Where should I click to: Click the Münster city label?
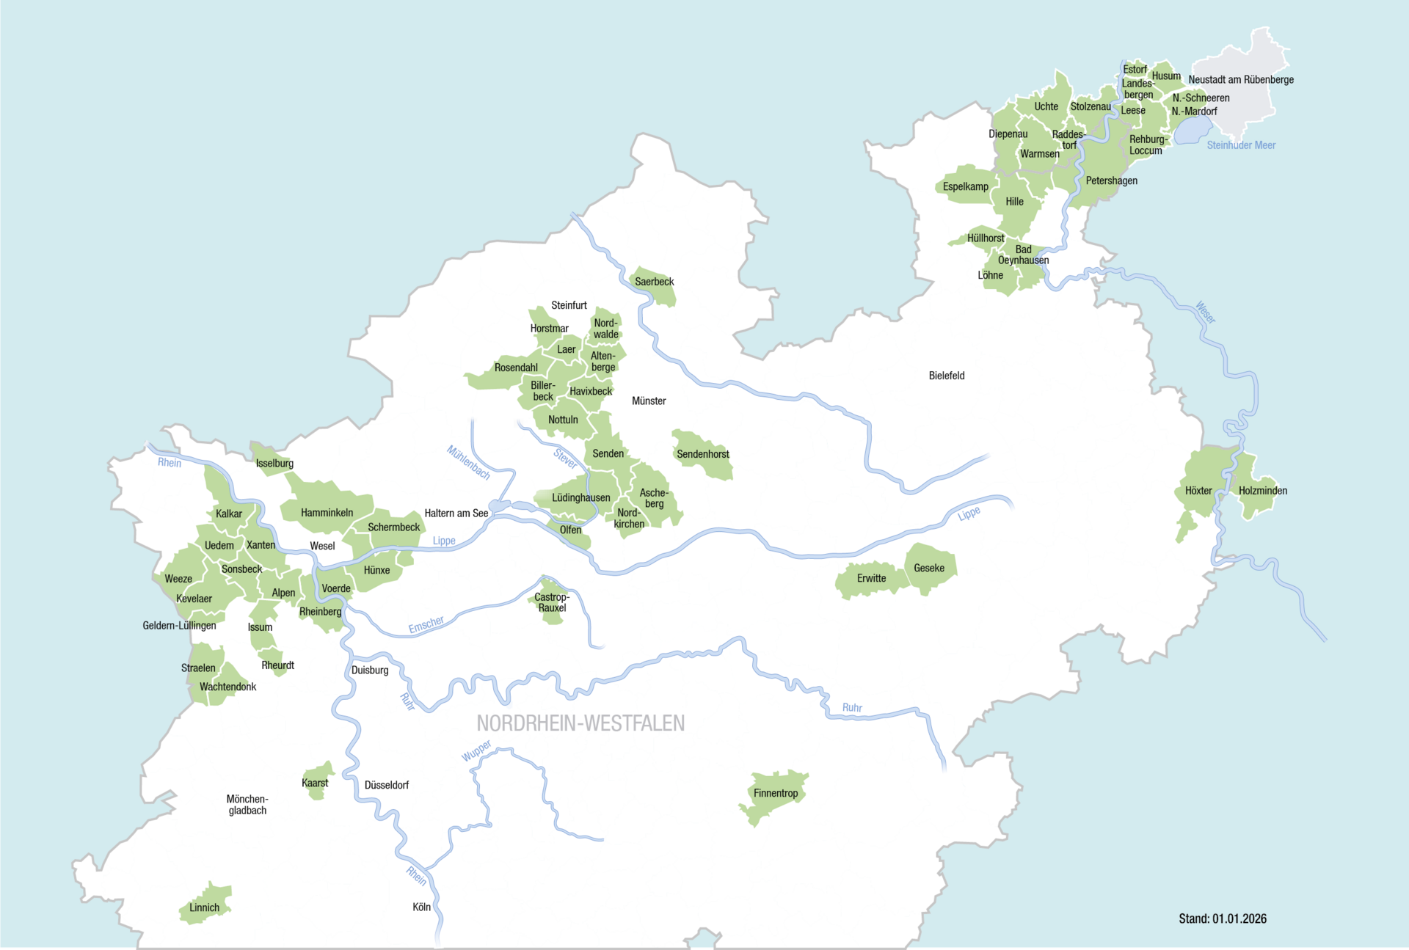(x=649, y=401)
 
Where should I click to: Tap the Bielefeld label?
(x=946, y=376)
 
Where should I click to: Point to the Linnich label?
(x=204, y=907)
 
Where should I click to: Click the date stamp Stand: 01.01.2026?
(x=1223, y=918)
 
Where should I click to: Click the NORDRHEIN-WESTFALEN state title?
(x=580, y=723)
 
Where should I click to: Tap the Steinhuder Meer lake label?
(x=1241, y=145)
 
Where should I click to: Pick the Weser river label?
(x=1205, y=312)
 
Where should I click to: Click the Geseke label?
(x=929, y=568)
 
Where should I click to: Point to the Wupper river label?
(x=476, y=750)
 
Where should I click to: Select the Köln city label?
(x=421, y=907)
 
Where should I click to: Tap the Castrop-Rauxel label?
(x=552, y=602)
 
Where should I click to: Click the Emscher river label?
(x=426, y=624)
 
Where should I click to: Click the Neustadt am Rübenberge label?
(x=1241, y=80)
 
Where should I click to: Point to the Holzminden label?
(x=1262, y=491)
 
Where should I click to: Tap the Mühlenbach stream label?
(x=468, y=462)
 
